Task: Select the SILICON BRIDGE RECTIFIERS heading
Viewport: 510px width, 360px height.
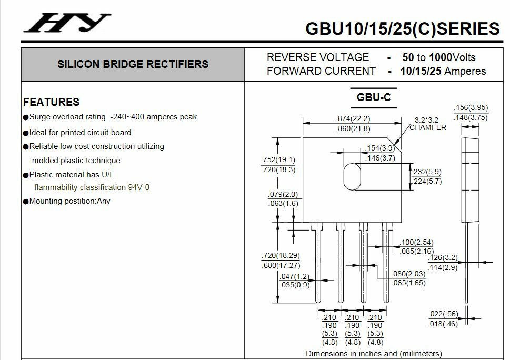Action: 133,64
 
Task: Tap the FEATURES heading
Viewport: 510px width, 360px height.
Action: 52,102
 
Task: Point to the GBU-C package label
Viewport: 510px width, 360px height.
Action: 373,97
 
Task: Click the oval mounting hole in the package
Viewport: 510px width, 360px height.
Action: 353,176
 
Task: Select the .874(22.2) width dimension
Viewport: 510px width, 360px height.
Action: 353,118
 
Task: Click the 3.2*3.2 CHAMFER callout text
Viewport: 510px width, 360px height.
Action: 427,124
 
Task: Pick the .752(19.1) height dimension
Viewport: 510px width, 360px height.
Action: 278,159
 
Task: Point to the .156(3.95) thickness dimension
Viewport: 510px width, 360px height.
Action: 471,108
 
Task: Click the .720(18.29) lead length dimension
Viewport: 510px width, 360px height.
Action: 281,256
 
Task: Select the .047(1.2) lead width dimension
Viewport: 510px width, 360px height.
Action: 294,276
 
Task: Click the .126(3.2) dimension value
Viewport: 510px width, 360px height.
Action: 443,258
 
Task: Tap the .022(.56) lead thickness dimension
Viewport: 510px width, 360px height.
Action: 443,314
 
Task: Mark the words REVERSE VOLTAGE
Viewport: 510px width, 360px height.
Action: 318,57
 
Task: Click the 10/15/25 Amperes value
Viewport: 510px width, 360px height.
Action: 443,71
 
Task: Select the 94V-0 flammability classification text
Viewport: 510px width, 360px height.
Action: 138,187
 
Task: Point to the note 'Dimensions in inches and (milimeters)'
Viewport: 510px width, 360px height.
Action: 374,354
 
